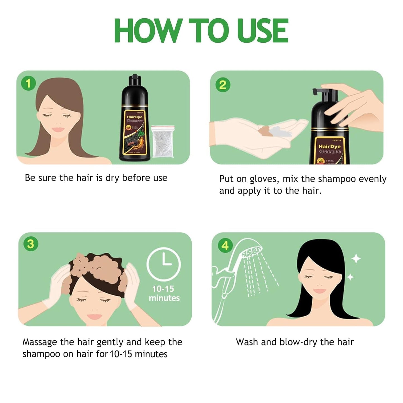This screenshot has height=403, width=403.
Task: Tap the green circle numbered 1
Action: [28, 83]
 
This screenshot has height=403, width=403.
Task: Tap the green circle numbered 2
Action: [223, 85]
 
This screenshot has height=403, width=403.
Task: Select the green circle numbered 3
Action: [30, 244]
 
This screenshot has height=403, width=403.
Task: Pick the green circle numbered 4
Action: [225, 245]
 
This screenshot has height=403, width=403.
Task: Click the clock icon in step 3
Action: [164, 264]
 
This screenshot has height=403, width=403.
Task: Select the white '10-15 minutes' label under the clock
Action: [164, 293]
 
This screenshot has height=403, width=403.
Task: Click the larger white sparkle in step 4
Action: [356, 259]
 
